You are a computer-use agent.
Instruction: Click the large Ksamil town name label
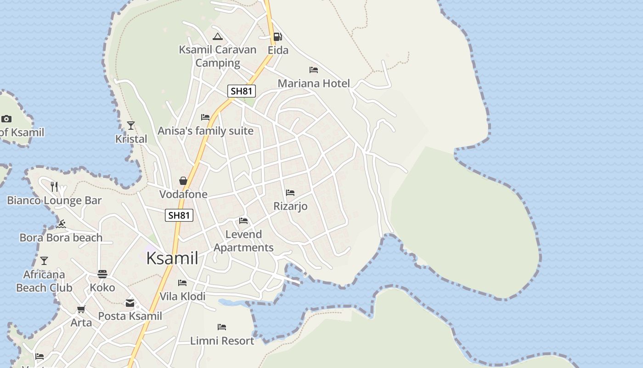click(172, 259)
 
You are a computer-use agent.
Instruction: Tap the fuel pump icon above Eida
click(277, 36)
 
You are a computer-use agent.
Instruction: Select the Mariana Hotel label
click(314, 83)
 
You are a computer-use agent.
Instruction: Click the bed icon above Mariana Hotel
click(314, 70)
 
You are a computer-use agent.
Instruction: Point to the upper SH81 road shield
click(242, 91)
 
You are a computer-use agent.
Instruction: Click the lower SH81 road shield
click(179, 215)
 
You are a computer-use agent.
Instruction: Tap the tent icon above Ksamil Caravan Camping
click(218, 36)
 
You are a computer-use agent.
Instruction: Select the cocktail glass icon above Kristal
click(131, 125)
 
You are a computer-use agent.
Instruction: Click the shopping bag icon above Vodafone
click(183, 181)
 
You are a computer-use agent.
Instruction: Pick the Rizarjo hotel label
click(290, 206)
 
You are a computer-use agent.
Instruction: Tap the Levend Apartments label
click(243, 241)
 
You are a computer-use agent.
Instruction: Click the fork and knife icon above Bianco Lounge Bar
click(54, 186)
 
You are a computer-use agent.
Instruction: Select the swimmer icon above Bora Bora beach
click(61, 224)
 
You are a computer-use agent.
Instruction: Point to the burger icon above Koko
click(102, 274)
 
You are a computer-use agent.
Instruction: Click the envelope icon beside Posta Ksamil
click(130, 303)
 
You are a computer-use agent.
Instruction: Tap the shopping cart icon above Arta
click(81, 309)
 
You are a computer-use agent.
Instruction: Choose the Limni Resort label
click(222, 341)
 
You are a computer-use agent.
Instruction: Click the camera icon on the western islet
click(6, 119)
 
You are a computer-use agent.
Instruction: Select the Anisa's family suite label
click(205, 131)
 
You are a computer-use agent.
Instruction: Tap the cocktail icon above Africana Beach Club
click(44, 261)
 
